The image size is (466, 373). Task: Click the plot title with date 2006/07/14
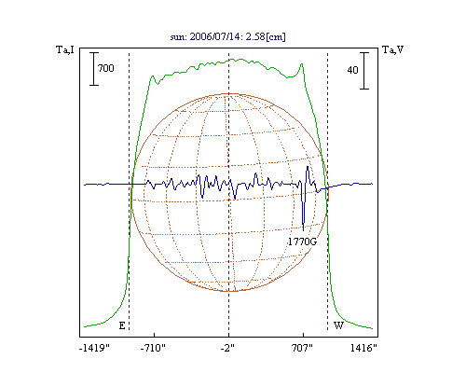coord(228,36)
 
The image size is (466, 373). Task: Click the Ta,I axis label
coord(65,49)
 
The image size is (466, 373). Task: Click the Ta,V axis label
coord(392,49)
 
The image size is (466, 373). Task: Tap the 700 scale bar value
coord(106,68)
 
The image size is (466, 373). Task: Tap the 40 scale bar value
coord(352,70)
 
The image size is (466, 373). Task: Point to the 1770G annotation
coord(302,242)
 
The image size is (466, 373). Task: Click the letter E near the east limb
coord(122,325)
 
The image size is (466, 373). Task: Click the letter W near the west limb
coord(338,325)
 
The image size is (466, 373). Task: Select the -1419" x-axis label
coord(94,348)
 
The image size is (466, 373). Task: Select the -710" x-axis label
coord(153,348)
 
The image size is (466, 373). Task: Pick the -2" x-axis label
coord(227,348)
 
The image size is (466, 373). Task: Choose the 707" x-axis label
coord(302,348)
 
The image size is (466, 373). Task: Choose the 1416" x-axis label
coord(363,348)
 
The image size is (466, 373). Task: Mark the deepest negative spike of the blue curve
coord(303,230)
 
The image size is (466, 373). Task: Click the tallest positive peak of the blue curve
coord(308,167)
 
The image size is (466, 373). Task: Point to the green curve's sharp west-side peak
coord(302,64)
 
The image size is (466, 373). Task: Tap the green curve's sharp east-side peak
coord(153,76)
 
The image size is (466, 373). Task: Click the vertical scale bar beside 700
coord(94,69)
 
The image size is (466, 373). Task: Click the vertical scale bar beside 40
coord(364,71)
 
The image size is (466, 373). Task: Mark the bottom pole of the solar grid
coord(229,291)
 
